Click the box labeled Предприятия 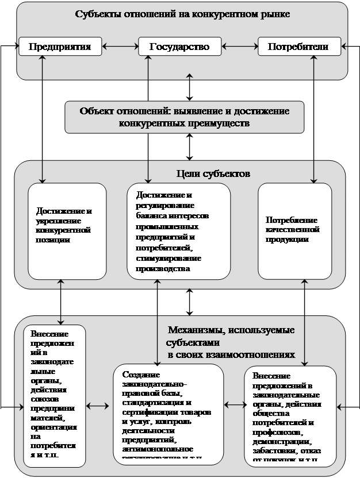(60, 47)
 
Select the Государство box (179, 47)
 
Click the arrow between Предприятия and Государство (120, 47)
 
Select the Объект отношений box (185, 117)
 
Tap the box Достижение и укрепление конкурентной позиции (67, 230)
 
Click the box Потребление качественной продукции (294, 230)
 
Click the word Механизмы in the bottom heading (194, 330)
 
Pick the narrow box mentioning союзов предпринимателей (54, 396)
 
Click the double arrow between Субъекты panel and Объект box (189, 90)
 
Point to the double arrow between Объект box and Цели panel (189, 146)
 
